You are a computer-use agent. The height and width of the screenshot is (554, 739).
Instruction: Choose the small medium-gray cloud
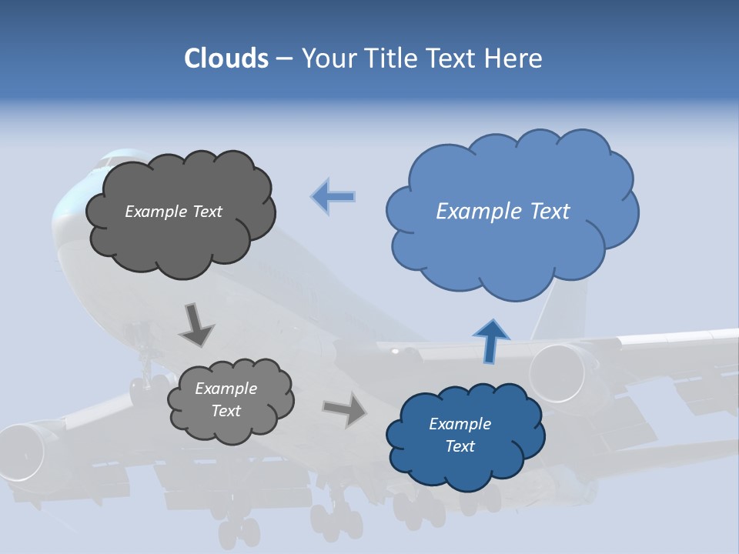click(230, 399)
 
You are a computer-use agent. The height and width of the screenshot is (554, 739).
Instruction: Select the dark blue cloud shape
click(464, 435)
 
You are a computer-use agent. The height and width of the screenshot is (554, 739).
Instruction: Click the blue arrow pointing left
click(333, 196)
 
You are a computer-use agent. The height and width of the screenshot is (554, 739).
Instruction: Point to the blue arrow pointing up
click(490, 341)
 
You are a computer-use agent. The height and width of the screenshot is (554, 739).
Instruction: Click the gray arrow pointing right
click(346, 409)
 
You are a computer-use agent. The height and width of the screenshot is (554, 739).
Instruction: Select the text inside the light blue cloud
click(503, 212)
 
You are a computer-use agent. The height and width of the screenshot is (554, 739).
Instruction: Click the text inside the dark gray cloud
click(173, 212)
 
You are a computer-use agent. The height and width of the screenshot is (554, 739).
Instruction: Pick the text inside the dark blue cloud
click(460, 435)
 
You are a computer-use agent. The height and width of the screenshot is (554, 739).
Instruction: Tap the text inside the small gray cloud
click(226, 399)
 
